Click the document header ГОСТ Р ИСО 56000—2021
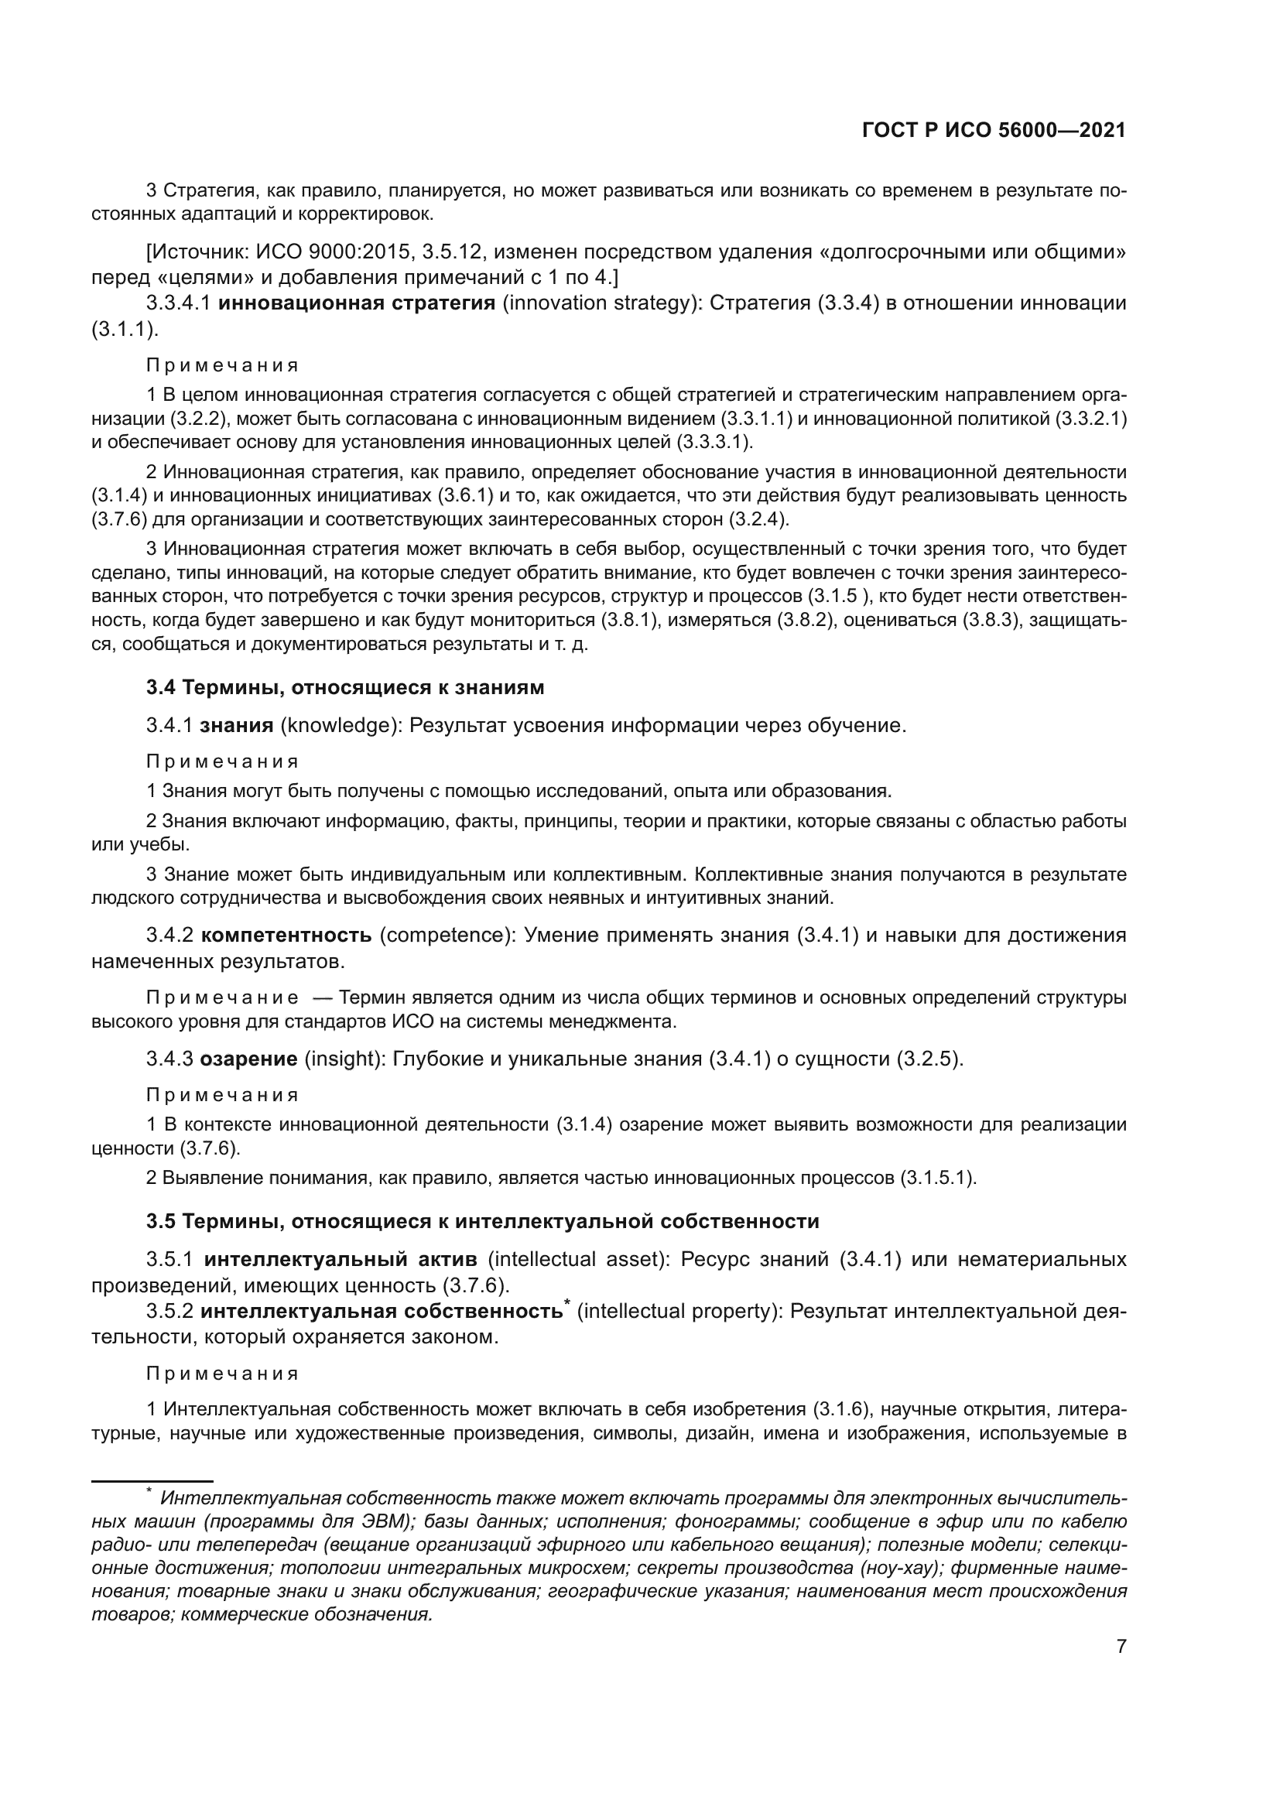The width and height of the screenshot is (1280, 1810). (994, 130)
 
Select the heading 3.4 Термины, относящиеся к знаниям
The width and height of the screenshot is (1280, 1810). (344, 686)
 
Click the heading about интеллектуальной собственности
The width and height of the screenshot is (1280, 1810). (482, 1221)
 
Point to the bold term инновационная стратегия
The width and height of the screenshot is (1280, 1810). (356, 303)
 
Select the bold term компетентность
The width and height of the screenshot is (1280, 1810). (286, 935)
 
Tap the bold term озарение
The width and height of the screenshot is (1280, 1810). (248, 1059)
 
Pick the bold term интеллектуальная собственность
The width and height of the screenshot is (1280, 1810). (382, 1311)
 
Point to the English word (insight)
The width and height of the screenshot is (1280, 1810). (344, 1059)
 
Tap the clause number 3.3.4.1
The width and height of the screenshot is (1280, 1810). (178, 303)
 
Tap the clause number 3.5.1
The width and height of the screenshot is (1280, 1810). (170, 1259)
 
